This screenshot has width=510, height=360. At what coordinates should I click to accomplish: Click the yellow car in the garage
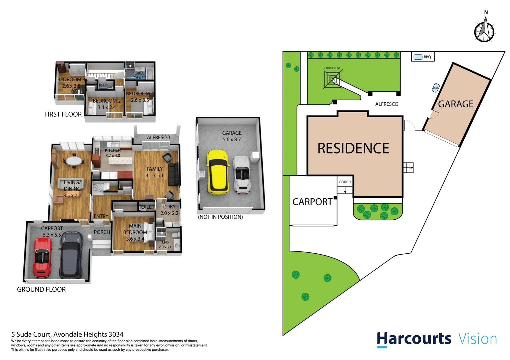pos(218,172)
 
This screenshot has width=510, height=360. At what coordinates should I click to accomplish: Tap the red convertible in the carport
pos(42,257)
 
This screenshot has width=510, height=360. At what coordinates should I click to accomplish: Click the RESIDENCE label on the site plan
pos(353,149)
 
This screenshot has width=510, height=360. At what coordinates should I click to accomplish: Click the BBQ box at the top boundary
pos(423,57)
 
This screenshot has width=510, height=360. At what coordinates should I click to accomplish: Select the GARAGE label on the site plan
pos(456,104)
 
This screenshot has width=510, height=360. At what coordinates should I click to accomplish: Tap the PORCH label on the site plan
pos(345,182)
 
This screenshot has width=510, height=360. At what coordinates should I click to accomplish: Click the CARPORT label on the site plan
pos(312,202)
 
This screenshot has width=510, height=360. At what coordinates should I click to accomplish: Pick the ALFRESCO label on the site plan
pos(387,104)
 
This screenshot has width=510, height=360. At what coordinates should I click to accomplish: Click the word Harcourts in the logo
pos(414,339)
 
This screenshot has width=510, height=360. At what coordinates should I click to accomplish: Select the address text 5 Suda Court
pos(31,334)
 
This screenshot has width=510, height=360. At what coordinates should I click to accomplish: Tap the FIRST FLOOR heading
pos(63,114)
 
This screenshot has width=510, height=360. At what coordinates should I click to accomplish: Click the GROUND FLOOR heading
pos(41,290)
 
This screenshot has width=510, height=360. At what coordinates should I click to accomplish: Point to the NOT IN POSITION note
pos(220,217)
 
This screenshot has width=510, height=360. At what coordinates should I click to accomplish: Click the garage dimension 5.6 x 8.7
pos(232,140)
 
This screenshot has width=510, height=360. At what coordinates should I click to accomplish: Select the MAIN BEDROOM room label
pos(135,229)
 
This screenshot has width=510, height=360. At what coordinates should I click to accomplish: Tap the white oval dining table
pos(75,161)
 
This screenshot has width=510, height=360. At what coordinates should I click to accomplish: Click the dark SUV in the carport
pos(71,255)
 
